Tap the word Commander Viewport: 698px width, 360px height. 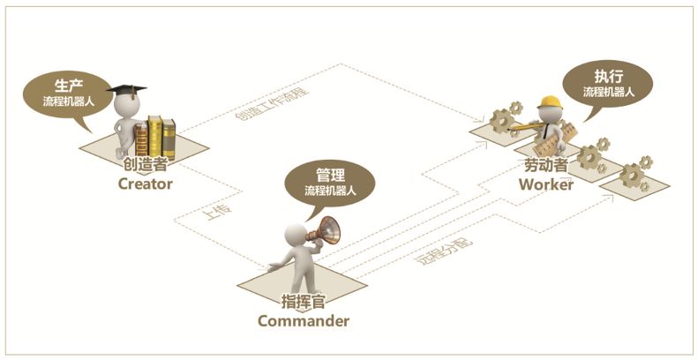pyautogui.click(x=303, y=320)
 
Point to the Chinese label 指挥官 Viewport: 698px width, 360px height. pyautogui.click(x=304, y=301)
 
